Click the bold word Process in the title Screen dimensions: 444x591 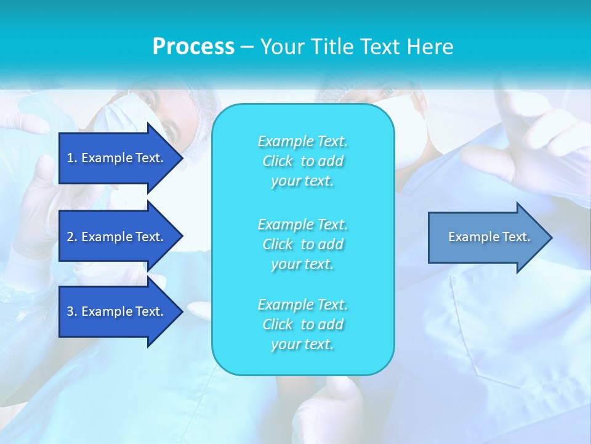pos(193,47)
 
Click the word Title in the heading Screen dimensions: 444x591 pos(332,47)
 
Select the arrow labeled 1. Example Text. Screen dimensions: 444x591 pos(117,158)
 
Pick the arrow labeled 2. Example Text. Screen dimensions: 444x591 pos(117,237)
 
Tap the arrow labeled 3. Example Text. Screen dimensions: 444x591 pos(117,311)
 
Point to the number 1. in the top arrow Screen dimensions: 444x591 pos(72,158)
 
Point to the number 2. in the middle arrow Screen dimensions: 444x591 pos(72,237)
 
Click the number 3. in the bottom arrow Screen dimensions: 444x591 pos(72,311)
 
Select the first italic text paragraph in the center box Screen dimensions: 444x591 pos(302,161)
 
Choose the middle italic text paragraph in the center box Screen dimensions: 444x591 pos(302,244)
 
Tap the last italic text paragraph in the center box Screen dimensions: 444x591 pos(302,324)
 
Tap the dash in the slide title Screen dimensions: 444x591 pos(247,47)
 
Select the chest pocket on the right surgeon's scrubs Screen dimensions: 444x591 pos(505,327)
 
